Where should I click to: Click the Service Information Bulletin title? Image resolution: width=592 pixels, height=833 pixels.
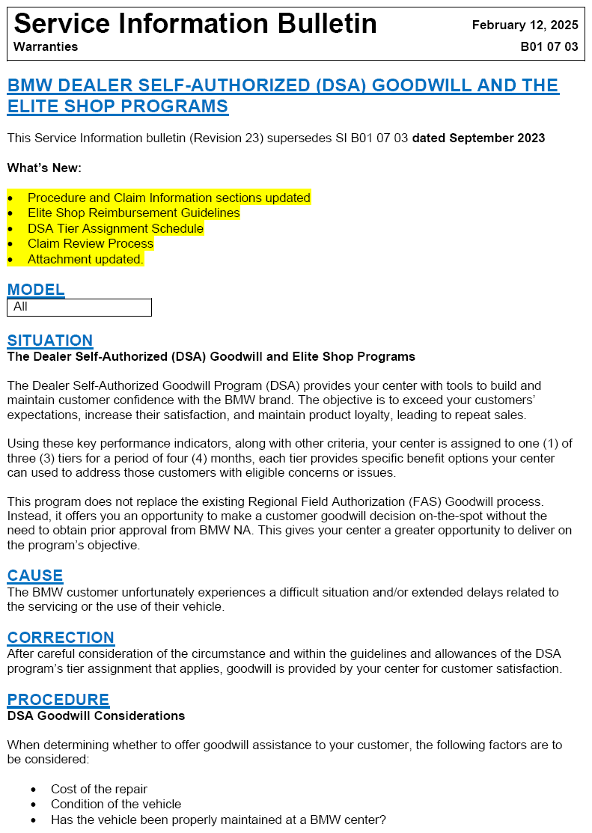pyautogui.click(x=195, y=24)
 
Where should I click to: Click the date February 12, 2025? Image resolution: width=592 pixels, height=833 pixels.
pyautogui.click(x=525, y=25)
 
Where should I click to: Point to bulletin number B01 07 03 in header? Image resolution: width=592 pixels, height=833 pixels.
pyautogui.click(x=549, y=46)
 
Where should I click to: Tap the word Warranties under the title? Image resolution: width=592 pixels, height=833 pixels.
pyautogui.click(x=46, y=46)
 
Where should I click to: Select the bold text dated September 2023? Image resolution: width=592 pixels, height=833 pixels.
pyautogui.click(x=478, y=138)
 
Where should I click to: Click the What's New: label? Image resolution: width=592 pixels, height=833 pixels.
pyautogui.click(x=44, y=168)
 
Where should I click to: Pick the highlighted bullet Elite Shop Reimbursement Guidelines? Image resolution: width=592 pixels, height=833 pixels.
pyautogui.click(x=134, y=213)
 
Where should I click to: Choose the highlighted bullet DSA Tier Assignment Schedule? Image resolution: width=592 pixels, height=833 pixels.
pyautogui.click(x=115, y=228)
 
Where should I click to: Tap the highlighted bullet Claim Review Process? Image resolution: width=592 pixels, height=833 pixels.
pyautogui.click(x=91, y=244)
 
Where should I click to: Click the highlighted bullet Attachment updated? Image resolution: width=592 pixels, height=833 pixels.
pyautogui.click(x=85, y=259)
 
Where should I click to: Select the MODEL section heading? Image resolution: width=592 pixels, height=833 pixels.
pyautogui.click(x=36, y=290)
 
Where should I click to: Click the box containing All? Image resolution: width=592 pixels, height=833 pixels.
pyautogui.click(x=79, y=307)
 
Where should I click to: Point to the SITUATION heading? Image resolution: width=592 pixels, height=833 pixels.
pyautogui.click(x=50, y=341)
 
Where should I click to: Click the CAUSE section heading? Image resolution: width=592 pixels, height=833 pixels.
pyautogui.click(x=35, y=576)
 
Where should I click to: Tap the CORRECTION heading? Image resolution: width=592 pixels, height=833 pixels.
pyautogui.click(x=61, y=638)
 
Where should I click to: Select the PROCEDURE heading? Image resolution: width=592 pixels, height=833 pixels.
pyautogui.click(x=58, y=700)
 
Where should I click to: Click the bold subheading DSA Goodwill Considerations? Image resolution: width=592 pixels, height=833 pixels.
pyautogui.click(x=96, y=715)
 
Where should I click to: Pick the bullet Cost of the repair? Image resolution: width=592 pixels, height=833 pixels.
pyautogui.click(x=99, y=789)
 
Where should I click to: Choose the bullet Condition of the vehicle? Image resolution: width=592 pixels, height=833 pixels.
pyautogui.click(x=116, y=804)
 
